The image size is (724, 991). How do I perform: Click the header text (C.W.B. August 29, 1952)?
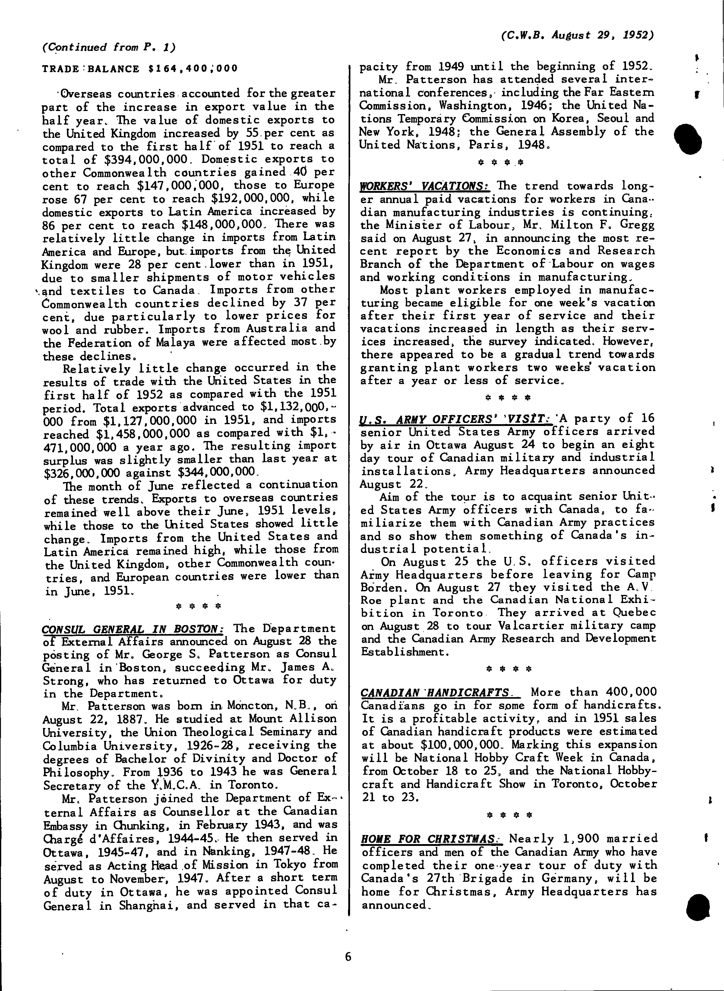tap(577, 35)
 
